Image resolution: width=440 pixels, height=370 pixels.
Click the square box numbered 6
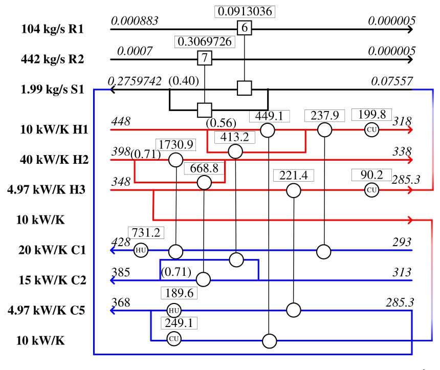(x=245, y=29)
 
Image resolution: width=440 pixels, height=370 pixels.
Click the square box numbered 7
(x=205, y=58)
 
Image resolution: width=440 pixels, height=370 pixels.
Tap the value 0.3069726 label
(x=205, y=41)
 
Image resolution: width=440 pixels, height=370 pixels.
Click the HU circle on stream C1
(x=141, y=251)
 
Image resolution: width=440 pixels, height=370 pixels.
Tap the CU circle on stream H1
(x=372, y=130)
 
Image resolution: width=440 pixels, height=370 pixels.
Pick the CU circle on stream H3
(x=372, y=190)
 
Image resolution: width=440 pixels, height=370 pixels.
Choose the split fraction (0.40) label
(x=183, y=81)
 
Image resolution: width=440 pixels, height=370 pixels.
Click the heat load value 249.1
(x=179, y=323)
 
